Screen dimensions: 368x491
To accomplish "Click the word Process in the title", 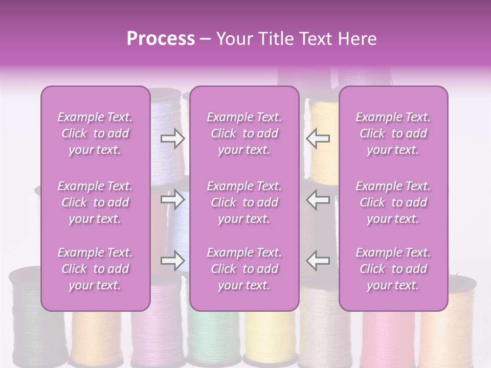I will (161, 39).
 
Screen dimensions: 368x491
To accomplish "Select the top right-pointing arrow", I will (172, 138).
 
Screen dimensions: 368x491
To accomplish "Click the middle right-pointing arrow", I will (172, 199).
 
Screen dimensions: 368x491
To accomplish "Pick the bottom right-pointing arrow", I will (172, 261).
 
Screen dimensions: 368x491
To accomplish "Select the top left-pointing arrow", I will (318, 138).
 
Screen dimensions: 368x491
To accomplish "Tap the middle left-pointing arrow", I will (318, 199).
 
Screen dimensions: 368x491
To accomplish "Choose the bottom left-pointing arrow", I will (318, 261).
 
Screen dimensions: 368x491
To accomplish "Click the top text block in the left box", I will (95, 133).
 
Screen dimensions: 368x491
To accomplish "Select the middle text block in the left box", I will (95, 202).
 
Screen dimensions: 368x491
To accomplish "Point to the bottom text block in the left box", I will (95, 269).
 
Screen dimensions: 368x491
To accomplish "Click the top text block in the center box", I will (244, 133).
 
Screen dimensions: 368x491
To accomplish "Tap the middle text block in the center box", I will (244, 202).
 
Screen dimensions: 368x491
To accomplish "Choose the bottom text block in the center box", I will (244, 269).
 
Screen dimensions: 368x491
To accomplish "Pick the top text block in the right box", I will (393, 133).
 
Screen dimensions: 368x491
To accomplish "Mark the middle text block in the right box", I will (393, 202).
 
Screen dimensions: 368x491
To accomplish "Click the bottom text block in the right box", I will (393, 269).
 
